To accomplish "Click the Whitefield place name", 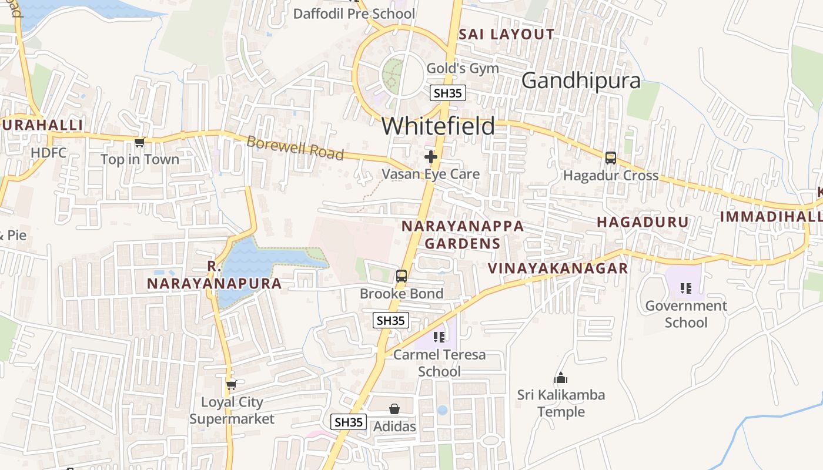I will point(438,126).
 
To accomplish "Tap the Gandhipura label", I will point(581,80).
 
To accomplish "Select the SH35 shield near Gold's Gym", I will point(448,93).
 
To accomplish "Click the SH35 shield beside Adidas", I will point(349,422).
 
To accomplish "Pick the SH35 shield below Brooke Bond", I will point(391,320).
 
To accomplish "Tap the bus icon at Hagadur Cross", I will point(611,157).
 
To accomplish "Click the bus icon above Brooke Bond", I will point(402,276).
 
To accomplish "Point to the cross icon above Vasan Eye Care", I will point(431,157).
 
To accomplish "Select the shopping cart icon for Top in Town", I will point(139,142).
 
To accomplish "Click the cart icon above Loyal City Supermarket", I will point(231,385).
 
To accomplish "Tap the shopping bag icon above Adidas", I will point(394,409).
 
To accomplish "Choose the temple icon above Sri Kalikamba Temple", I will point(561,378).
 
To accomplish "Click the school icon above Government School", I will point(685,288).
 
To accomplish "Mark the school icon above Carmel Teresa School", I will point(439,337).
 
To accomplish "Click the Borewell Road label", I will point(295,147).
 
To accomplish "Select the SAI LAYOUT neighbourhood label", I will point(506,34).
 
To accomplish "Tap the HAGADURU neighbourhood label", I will point(643,222).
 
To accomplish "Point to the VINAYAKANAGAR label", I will point(558,268).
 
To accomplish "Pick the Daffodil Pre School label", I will point(354,14).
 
